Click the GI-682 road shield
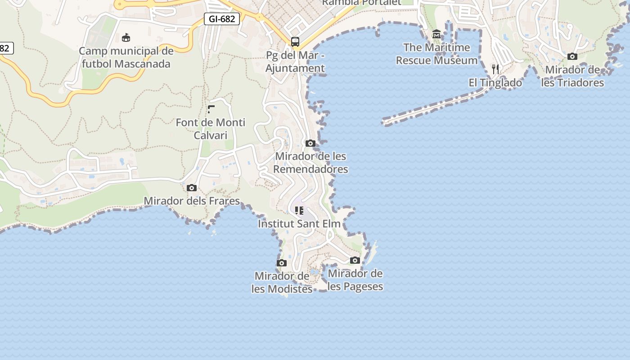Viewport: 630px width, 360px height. click(x=221, y=19)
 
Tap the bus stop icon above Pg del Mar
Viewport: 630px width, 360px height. click(x=295, y=42)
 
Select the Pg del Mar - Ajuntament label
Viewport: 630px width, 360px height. click(x=295, y=62)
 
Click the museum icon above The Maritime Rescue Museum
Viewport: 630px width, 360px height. click(x=436, y=34)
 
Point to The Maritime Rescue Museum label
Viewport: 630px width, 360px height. click(x=436, y=54)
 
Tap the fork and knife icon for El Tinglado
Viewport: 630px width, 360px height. click(x=495, y=69)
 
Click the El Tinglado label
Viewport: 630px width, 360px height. click(x=495, y=83)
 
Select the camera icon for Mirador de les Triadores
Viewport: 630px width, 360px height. click(x=572, y=56)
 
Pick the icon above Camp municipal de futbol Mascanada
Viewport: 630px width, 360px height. click(x=126, y=37)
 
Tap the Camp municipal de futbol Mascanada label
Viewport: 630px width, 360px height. click(x=126, y=57)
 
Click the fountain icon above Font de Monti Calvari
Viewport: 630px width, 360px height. click(x=211, y=109)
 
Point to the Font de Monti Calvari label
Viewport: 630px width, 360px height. click(x=211, y=129)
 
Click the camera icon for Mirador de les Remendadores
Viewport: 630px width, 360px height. click(x=310, y=143)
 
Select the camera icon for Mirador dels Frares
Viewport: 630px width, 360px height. click(x=192, y=188)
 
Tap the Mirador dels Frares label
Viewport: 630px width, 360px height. click(x=192, y=201)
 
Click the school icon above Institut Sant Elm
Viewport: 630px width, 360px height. click(x=299, y=210)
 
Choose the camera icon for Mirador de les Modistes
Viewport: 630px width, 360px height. click(x=282, y=263)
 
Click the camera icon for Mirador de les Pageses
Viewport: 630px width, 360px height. click(x=355, y=260)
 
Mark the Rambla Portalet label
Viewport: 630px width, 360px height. click(x=361, y=2)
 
